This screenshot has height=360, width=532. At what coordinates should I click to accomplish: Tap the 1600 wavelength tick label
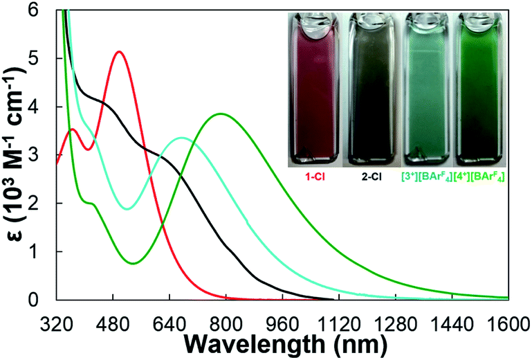[x=508, y=320]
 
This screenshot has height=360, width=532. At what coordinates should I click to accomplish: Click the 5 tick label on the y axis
[x=43, y=59]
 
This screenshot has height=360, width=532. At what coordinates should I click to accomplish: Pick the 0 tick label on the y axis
[x=43, y=300]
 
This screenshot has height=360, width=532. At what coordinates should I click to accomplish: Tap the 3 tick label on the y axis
[x=43, y=155]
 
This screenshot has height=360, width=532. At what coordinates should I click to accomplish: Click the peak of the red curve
[x=119, y=52]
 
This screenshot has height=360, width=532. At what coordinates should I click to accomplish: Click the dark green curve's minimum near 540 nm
[x=134, y=263]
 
